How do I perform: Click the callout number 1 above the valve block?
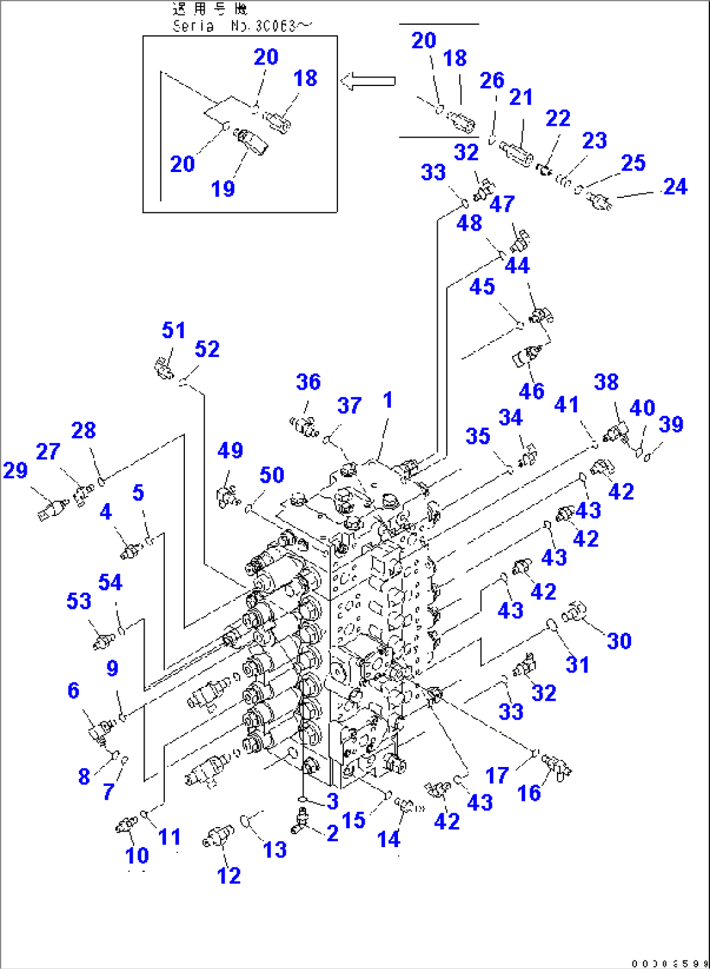[x=388, y=400]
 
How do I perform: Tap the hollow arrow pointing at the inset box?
[x=368, y=81]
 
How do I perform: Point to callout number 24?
[x=675, y=187]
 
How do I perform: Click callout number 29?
[x=15, y=470]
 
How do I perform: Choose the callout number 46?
[x=532, y=391]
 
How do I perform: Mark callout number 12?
[x=229, y=875]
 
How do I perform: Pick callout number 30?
[x=619, y=641]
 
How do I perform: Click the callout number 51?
[x=173, y=330]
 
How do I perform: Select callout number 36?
[x=308, y=382]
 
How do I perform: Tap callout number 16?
[x=529, y=793]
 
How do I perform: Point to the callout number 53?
[x=79, y=601]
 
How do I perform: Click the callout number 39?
[x=671, y=425]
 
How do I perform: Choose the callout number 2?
[x=332, y=833]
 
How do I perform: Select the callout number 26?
[x=492, y=80]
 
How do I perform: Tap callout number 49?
[x=230, y=450]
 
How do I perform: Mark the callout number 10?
[x=137, y=855]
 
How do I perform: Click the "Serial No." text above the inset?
[x=242, y=26]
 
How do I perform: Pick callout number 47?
[x=502, y=204]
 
